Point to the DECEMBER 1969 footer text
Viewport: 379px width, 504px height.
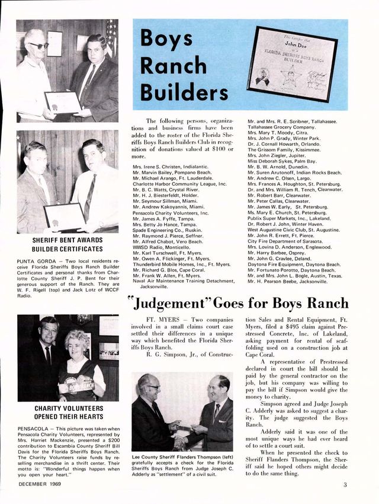(39, 484)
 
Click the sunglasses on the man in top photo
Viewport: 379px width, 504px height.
(40, 45)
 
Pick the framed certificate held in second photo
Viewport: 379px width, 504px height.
(63, 216)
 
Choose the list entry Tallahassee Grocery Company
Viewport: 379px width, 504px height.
(282, 127)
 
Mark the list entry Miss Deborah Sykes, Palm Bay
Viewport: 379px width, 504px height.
(282, 161)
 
